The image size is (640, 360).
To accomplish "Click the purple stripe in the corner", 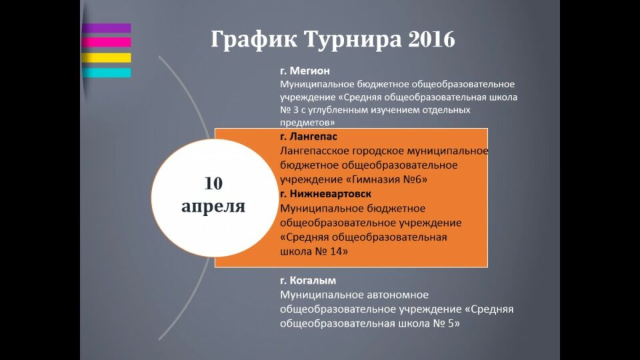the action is click(x=107, y=28).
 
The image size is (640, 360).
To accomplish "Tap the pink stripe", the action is click(x=107, y=43).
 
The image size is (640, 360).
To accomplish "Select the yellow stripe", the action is click(x=107, y=57).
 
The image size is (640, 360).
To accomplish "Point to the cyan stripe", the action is click(x=107, y=73).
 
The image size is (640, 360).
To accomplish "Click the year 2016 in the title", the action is click(x=431, y=39).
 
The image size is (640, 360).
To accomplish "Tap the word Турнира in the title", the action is click(x=353, y=40).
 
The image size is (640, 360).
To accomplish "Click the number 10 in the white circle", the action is click(x=213, y=183).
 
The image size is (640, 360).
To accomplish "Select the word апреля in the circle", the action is click(x=213, y=207).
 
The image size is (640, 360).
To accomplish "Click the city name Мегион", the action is click(x=310, y=71).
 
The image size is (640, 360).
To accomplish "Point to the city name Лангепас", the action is click(x=313, y=136).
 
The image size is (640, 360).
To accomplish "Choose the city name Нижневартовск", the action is click(x=331, y=193).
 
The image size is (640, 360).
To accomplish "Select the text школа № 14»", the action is click(x=314, y=251).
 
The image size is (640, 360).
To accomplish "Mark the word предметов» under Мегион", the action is click(x=307, y=123).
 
